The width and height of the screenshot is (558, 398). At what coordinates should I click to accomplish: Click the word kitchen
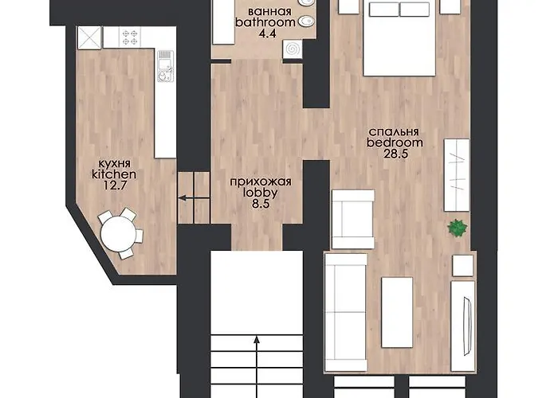click(114, 174)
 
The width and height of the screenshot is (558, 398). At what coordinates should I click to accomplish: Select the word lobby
click(260, 193)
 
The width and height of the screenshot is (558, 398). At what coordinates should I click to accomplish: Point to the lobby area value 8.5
click(261, 204)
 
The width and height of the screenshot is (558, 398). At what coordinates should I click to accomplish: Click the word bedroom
click(395, 142)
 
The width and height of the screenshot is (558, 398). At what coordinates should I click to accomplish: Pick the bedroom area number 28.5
click(395, 154)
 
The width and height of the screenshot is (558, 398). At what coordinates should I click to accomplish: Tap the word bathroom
click(265, 22)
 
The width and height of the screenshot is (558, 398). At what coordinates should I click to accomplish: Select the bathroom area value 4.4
click(268, 33)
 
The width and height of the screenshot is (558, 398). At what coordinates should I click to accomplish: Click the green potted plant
click(458, 228)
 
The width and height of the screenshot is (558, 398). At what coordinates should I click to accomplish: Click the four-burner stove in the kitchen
click(129, 37)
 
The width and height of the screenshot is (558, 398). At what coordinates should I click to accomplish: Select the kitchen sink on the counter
click(166, 66)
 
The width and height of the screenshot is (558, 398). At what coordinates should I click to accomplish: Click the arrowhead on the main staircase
click(257, 340)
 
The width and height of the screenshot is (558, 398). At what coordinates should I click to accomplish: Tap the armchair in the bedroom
click(353, 219)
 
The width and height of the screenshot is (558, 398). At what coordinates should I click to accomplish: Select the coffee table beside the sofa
click(397, 312)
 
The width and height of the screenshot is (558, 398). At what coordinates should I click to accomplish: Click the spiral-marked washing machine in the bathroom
click(293, 49)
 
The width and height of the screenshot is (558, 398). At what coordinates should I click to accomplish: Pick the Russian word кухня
click(114, 164)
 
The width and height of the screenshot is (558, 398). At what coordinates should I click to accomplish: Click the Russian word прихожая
click(261, 182)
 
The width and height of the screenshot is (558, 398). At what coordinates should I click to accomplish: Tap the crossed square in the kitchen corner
click(89, 37)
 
